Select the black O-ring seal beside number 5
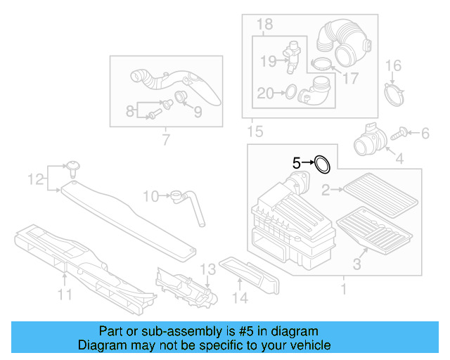tap(322, 165)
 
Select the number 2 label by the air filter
tap(326, 188)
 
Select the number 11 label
tap(65, 296)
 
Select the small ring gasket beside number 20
tap(288, 91)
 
